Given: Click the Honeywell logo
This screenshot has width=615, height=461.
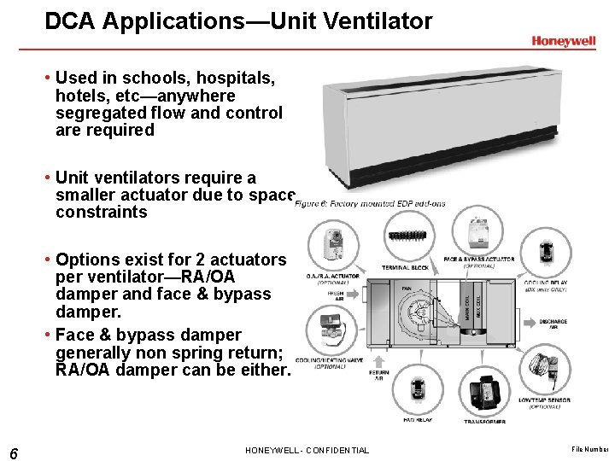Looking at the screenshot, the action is (563, 40).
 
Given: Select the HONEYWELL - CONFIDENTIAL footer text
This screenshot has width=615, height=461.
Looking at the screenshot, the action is (307, 451).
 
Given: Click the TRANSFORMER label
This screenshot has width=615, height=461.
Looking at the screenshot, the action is (484, 421).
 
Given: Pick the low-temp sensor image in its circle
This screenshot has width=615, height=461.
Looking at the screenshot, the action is (543, 368).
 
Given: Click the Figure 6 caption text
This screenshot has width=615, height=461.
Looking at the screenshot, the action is (369, 203).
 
